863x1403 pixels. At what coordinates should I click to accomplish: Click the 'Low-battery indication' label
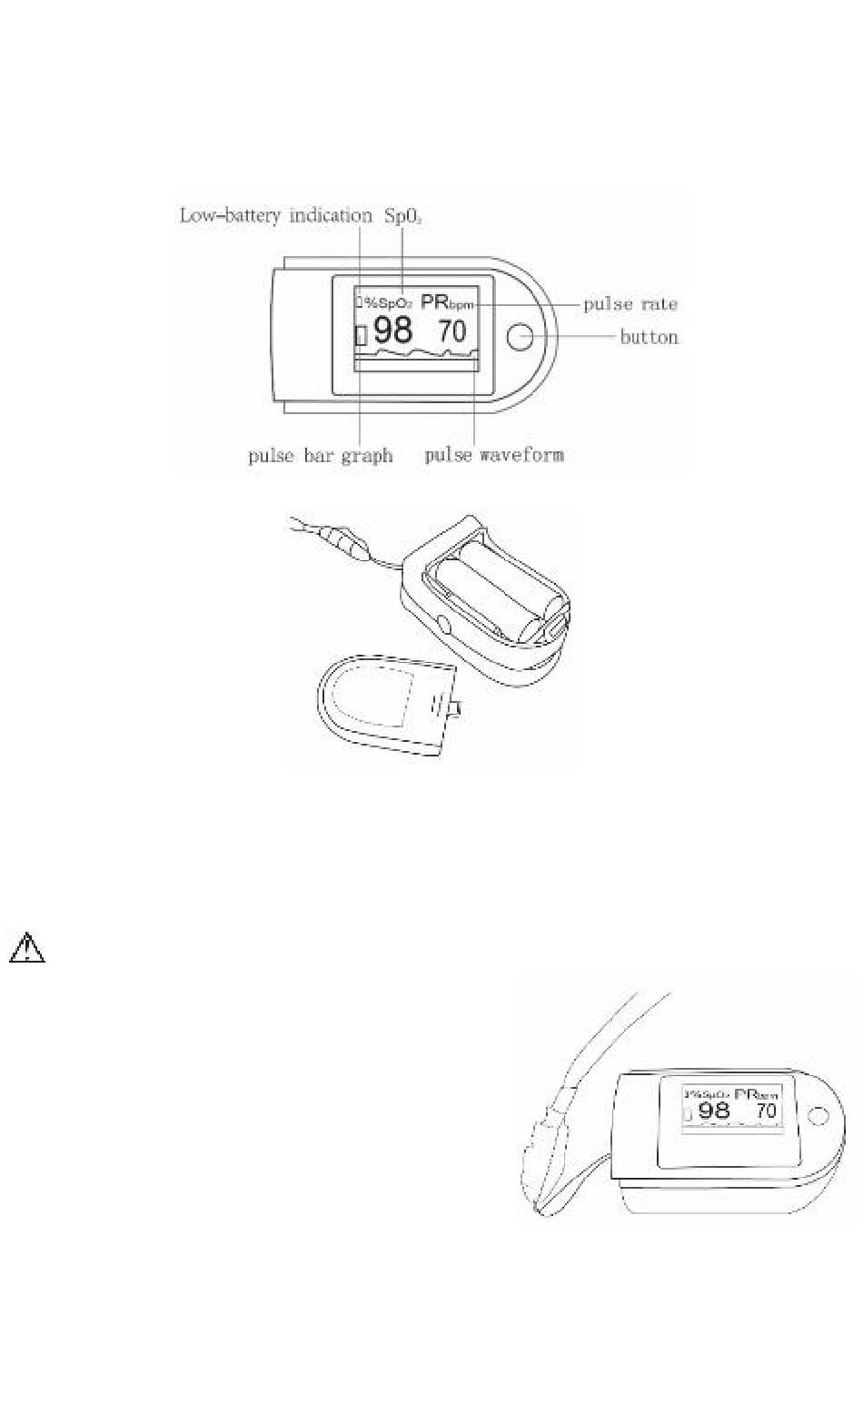pos(275,216)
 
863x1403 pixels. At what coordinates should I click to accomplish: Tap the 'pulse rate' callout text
pos(630,303)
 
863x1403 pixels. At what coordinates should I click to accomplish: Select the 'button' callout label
pos(649,337)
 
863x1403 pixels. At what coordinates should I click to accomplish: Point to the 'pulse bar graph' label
pos(320,455)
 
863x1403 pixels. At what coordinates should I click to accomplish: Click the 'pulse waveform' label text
pos(493,454)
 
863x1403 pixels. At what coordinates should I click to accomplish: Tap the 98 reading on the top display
pos(392,330)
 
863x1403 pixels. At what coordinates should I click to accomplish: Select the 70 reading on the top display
pos(451,331)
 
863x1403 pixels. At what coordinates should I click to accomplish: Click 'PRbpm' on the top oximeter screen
pos(447,303)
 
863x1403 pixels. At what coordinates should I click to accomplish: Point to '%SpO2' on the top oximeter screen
pos(389,303)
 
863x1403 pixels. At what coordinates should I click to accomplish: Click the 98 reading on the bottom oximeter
pos(713,1111)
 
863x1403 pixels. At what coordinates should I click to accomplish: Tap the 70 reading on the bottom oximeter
pos(766,1111)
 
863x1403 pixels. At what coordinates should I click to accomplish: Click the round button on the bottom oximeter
pos(817,1115)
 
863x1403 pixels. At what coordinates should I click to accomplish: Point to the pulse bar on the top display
pos(361,335)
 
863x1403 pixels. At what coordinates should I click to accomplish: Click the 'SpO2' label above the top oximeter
pos(403,216)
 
